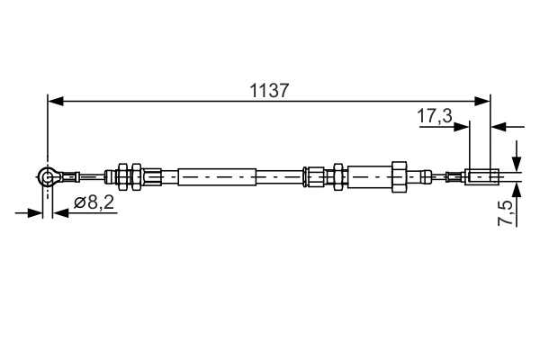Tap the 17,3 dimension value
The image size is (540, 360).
point(434,115)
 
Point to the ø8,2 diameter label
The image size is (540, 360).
point(94,203)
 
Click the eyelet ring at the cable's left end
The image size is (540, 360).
point(48,177)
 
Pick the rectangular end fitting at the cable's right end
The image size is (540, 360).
point(481,176)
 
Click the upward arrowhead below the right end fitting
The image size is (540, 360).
point(517,190)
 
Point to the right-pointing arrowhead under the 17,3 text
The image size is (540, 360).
point(463,127)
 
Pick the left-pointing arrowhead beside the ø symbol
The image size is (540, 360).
point(59,213)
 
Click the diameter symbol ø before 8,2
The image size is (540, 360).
point(79,203)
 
